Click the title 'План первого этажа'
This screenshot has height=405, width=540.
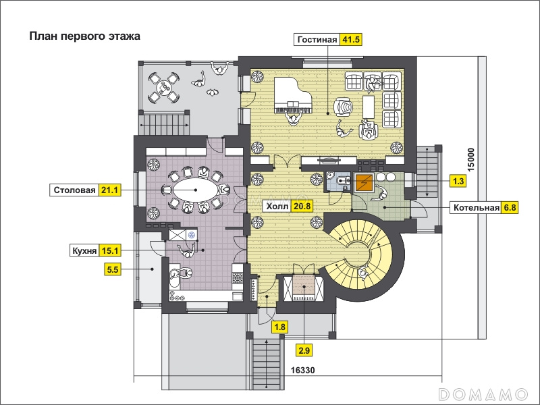point(85,36)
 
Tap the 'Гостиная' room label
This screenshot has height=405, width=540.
point(317,40)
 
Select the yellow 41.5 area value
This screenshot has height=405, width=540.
point(350,40)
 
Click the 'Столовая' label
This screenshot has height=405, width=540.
point(74,190)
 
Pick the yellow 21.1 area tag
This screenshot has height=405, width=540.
point(110,190)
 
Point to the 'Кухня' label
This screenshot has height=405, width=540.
point(84,250)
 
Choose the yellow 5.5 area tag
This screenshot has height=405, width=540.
point(113,269)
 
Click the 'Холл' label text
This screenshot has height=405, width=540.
point(277,207)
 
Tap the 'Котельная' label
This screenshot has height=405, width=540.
point(477,208)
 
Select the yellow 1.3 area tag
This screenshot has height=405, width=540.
point(458,181)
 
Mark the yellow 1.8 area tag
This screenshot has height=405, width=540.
point(279,327)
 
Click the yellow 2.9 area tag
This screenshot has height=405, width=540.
point(304,351)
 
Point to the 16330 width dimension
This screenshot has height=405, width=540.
point(302,371)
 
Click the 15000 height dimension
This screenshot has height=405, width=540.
point(470,159)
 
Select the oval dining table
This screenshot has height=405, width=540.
point(196,190)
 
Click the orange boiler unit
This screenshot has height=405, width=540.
point(364,182)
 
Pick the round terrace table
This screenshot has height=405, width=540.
point(163,88)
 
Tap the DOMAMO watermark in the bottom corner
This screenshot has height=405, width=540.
point(483,394)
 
